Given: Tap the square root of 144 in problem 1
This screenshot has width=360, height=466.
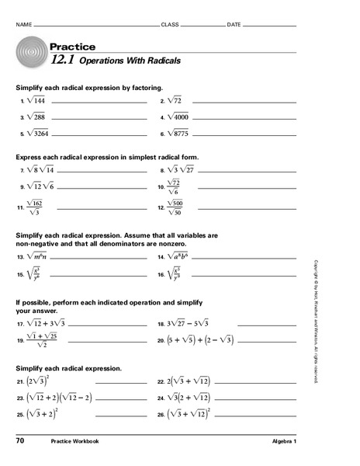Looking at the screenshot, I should pos(35,101).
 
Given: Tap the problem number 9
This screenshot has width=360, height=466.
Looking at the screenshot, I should pos(22,187).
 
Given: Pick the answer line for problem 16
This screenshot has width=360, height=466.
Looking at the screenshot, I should pos(241,275).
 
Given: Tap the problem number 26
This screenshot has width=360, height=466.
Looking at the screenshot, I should pos(160,415).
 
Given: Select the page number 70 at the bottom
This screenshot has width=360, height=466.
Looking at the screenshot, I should pos(19,441).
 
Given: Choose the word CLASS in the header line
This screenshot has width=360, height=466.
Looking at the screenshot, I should pos(169,25).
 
